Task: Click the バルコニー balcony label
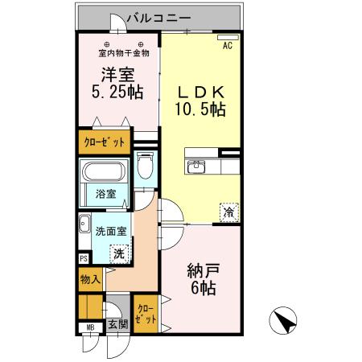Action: tap(158, 18)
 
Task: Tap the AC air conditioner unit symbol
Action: tap(228, 38)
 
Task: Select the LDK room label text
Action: tap(201, 93)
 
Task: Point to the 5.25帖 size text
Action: tap(117, 92)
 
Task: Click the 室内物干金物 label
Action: tap(124, 53)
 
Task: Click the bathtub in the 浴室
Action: tap(104, 171)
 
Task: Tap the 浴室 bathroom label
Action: tap(105, 194)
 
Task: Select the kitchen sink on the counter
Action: tap(196, 167)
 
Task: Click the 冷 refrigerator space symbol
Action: tap(229, 212)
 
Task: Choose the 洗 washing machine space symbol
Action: tap(119, 254)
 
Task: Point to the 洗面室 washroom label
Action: tap(111, 231)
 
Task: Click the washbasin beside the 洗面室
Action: tap(84, 224)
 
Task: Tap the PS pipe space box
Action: tap(84, 258)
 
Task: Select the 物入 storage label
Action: tap(91, 280)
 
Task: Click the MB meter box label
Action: tap(90, 327)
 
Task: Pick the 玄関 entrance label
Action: tap(118, 325)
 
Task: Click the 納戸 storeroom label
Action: tap(204, 271)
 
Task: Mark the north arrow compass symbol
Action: tap(283, 320)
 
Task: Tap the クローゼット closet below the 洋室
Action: tap(105, 142)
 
